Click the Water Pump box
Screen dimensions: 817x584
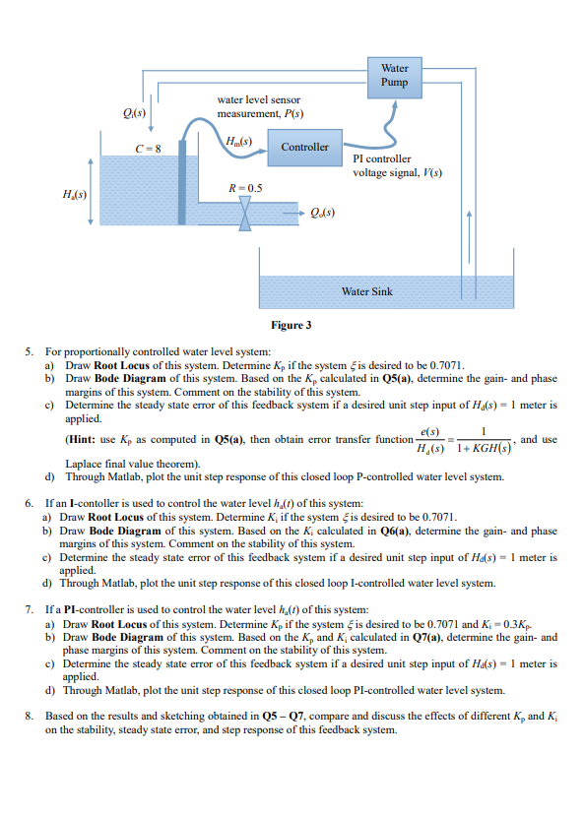(x=394, y=75)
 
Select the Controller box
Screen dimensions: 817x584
(x=305, y=147)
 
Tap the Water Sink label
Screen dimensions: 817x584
(x=366, y=291)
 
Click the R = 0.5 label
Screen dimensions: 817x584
(x=245, y=188)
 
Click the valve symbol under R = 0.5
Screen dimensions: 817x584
(x=245, y=214)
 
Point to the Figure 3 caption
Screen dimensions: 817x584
(x=292, y=325)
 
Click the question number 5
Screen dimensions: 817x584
(x=30, y=351)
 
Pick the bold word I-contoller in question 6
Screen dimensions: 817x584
(x=88, y=502)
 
